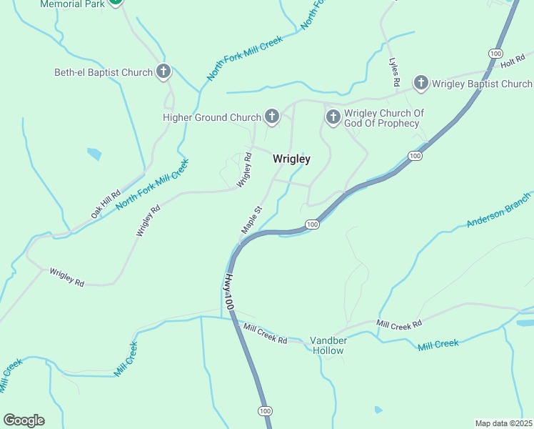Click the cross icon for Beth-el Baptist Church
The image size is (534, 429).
(163, 71)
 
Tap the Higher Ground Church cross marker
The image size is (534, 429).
(271, 117)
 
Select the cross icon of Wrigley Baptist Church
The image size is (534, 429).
(421, 84)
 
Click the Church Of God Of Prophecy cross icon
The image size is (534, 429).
(332, 117)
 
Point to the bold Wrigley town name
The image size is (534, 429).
(291, 159)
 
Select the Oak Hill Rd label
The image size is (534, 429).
(106, 204)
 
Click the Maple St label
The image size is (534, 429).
(252, 220)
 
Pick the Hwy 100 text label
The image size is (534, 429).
(229, 291)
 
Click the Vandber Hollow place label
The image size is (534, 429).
(328, 346)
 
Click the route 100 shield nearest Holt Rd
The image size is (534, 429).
(495, 54)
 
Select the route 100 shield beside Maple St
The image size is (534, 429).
(311, 225)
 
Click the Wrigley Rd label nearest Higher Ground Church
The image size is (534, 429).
(245, 170)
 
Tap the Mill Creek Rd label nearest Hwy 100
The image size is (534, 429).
(265, 334)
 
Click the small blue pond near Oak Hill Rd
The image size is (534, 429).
(94, 154)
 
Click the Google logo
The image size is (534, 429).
(24, 420)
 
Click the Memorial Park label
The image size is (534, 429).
(72, 4)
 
